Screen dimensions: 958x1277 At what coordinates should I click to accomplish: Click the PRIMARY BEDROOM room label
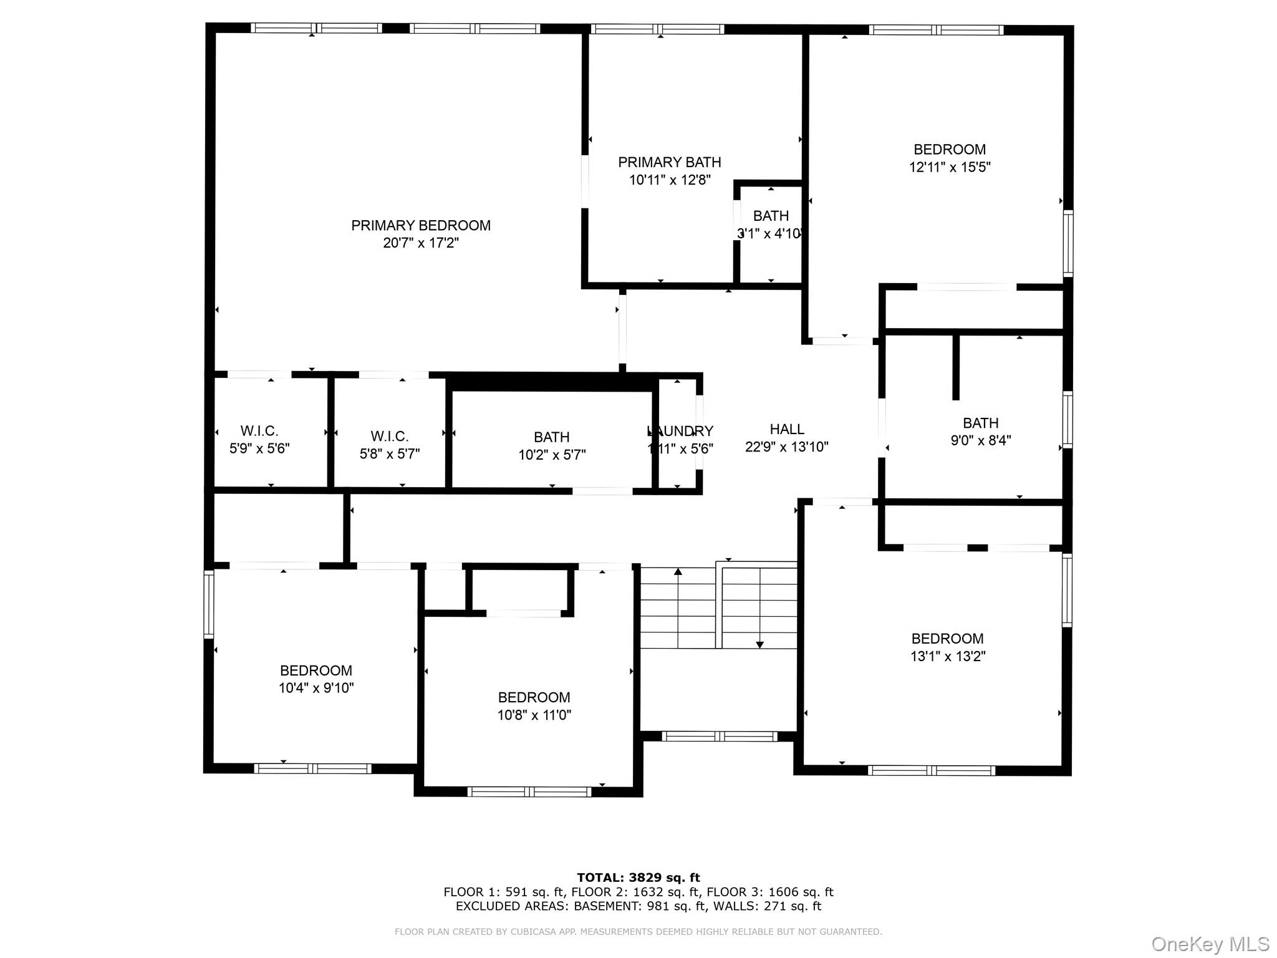pyautogui.click(x=421, y=225)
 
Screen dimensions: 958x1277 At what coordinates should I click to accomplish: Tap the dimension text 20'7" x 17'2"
pyautogui.click(x=421, y=243)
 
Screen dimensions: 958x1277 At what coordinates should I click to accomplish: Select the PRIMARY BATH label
pyautogui.click(x=670, y=162)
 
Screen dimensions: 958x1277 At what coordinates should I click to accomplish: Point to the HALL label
pyautogui.click(x=787, y=429)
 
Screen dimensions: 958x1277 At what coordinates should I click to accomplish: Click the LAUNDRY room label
pyautogui.click(x=680, y=431)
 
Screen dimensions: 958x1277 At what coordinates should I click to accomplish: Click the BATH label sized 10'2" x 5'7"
pyautogui.click(x=552, y=437)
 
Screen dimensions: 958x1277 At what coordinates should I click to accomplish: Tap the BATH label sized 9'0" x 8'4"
pyautogui.click(x=981, y=423)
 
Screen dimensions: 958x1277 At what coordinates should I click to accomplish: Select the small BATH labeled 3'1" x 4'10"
pyautogui.click(x=771, y=216)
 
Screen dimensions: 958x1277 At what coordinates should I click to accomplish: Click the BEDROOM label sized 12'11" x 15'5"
pyautogui.click(x=950, y=150)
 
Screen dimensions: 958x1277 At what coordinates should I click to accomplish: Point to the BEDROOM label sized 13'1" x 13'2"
pyautogui.click(x=948, y=639)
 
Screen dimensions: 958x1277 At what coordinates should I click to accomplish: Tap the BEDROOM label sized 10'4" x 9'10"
pyautogui.click(x=316, y=670)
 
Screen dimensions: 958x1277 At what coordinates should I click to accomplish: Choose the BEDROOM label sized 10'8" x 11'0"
pyautogui.click(x=534, y=697)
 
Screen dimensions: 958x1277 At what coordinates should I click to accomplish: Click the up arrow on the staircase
pyautogui.click(x=678, y=571)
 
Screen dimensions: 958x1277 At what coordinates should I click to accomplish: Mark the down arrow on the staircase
pyautogui.click(x=759, y=644)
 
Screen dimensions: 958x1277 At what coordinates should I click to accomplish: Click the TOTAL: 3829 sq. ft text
pyautogui.click(x=638, y=878)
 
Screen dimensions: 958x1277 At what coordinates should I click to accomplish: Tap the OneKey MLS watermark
pyautogui.click(x=1210, y=944)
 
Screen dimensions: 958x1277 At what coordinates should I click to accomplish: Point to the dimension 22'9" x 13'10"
pyautogui.click(x=787, y=447)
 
